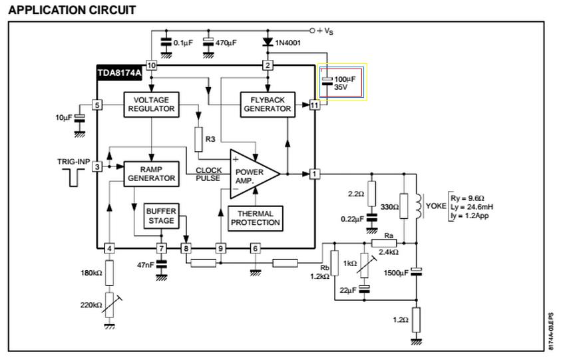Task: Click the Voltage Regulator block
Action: [x=152, y=104]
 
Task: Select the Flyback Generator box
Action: [x=268, y=104]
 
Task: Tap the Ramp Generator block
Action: [x=152, y=174]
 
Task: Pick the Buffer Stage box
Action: [x=161, y=216]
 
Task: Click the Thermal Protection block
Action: [x=256, y=218]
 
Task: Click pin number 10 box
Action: [x=152, y=66]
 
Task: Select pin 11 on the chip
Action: [x=314, y=105]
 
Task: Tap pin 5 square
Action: [x=97, y=105]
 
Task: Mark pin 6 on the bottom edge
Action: [x=256, y=249]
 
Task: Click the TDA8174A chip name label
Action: [x=119, y=73]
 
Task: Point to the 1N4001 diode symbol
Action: [x=268, y=42]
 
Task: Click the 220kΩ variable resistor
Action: [x=110, y=305]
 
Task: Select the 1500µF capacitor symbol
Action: [x=416, y=271]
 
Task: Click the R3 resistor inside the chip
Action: [x=198, y=139]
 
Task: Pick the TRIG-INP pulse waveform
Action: [x=74, y=178]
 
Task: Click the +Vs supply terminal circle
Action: [x=312, y=31]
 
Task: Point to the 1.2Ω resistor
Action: [x=416, y=320]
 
